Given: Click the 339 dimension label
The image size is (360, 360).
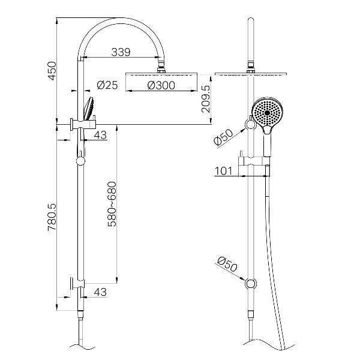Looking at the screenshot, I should coord(121,52).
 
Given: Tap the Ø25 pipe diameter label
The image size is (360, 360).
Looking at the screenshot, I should coord(107,85).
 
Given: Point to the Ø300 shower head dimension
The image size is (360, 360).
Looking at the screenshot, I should coord(160,85).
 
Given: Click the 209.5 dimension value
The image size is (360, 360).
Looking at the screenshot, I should coord(206,100).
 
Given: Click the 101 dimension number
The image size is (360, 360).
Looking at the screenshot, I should coord(223,171).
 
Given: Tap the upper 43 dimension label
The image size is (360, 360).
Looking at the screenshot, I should coord(100,135).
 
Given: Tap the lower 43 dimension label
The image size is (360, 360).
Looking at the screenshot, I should coord(100,292).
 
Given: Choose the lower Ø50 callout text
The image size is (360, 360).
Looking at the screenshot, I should coord(226,264).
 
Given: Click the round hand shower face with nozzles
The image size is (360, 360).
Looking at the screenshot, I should coord(266,112).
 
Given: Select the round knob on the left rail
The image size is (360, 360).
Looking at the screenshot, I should coord(79,160).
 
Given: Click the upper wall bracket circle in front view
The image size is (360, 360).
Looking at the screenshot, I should coord(248,124).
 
